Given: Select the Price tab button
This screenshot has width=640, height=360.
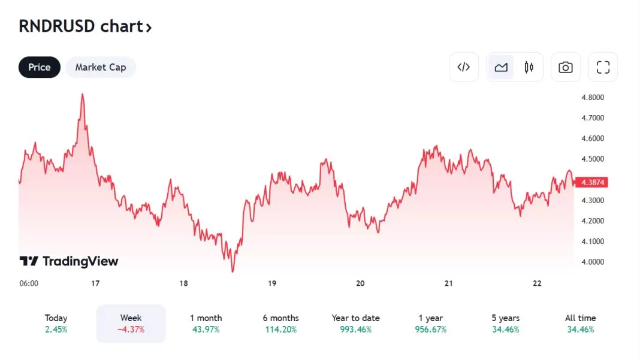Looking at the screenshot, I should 40,67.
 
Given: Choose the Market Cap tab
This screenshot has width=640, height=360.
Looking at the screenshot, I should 101,67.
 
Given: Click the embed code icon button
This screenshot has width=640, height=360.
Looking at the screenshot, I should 464,67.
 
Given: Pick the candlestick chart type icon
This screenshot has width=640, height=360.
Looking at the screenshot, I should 529,67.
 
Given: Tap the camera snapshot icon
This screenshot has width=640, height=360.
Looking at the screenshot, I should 565,67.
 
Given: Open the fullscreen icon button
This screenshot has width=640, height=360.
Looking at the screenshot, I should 603,67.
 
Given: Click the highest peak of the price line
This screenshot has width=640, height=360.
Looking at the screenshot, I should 82,94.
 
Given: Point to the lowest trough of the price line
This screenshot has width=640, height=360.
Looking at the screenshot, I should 233,271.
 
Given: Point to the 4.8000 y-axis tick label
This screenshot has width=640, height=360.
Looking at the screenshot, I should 592,97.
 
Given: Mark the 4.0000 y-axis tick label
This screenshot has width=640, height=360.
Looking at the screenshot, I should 592,262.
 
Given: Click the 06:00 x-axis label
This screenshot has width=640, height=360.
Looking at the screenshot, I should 29,283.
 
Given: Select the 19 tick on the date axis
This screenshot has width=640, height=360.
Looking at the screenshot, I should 272,283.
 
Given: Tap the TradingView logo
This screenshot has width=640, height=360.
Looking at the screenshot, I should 69,261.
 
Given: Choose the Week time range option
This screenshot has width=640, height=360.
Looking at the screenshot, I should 131,323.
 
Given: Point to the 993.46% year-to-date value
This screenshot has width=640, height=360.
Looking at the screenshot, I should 355,329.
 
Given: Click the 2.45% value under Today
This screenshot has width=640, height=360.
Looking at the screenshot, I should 56,329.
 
